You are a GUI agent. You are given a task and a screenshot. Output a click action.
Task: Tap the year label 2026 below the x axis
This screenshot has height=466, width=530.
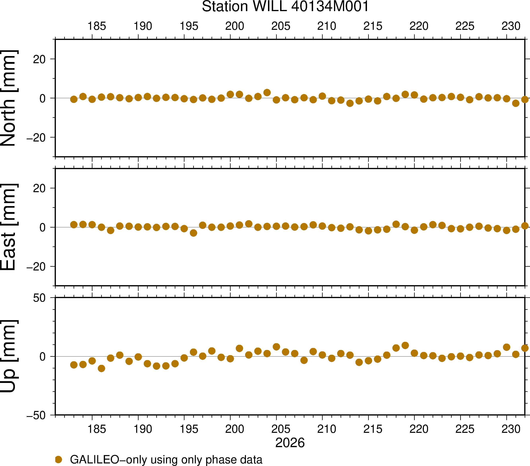(290, 443)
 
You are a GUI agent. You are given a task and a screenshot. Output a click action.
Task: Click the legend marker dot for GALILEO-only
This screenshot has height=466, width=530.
(59, 459)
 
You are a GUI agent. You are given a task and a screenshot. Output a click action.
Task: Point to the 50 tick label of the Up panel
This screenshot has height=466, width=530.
(39, 298)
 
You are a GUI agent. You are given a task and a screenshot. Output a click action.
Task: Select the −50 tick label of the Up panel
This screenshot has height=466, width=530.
(36, 416)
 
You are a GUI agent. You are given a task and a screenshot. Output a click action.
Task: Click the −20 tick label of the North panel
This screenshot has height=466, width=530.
(36, 137)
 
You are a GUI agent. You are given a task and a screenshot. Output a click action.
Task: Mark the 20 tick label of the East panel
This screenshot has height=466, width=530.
(39, 188)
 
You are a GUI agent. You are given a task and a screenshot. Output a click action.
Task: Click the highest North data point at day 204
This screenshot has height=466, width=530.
(267, 93)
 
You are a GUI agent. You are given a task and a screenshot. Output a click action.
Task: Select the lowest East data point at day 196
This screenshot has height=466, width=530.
(193, 233)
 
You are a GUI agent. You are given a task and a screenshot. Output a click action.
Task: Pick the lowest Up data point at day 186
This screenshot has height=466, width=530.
(101, 368)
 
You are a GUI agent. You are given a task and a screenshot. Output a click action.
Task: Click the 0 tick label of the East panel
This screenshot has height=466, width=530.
(43, 228)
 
